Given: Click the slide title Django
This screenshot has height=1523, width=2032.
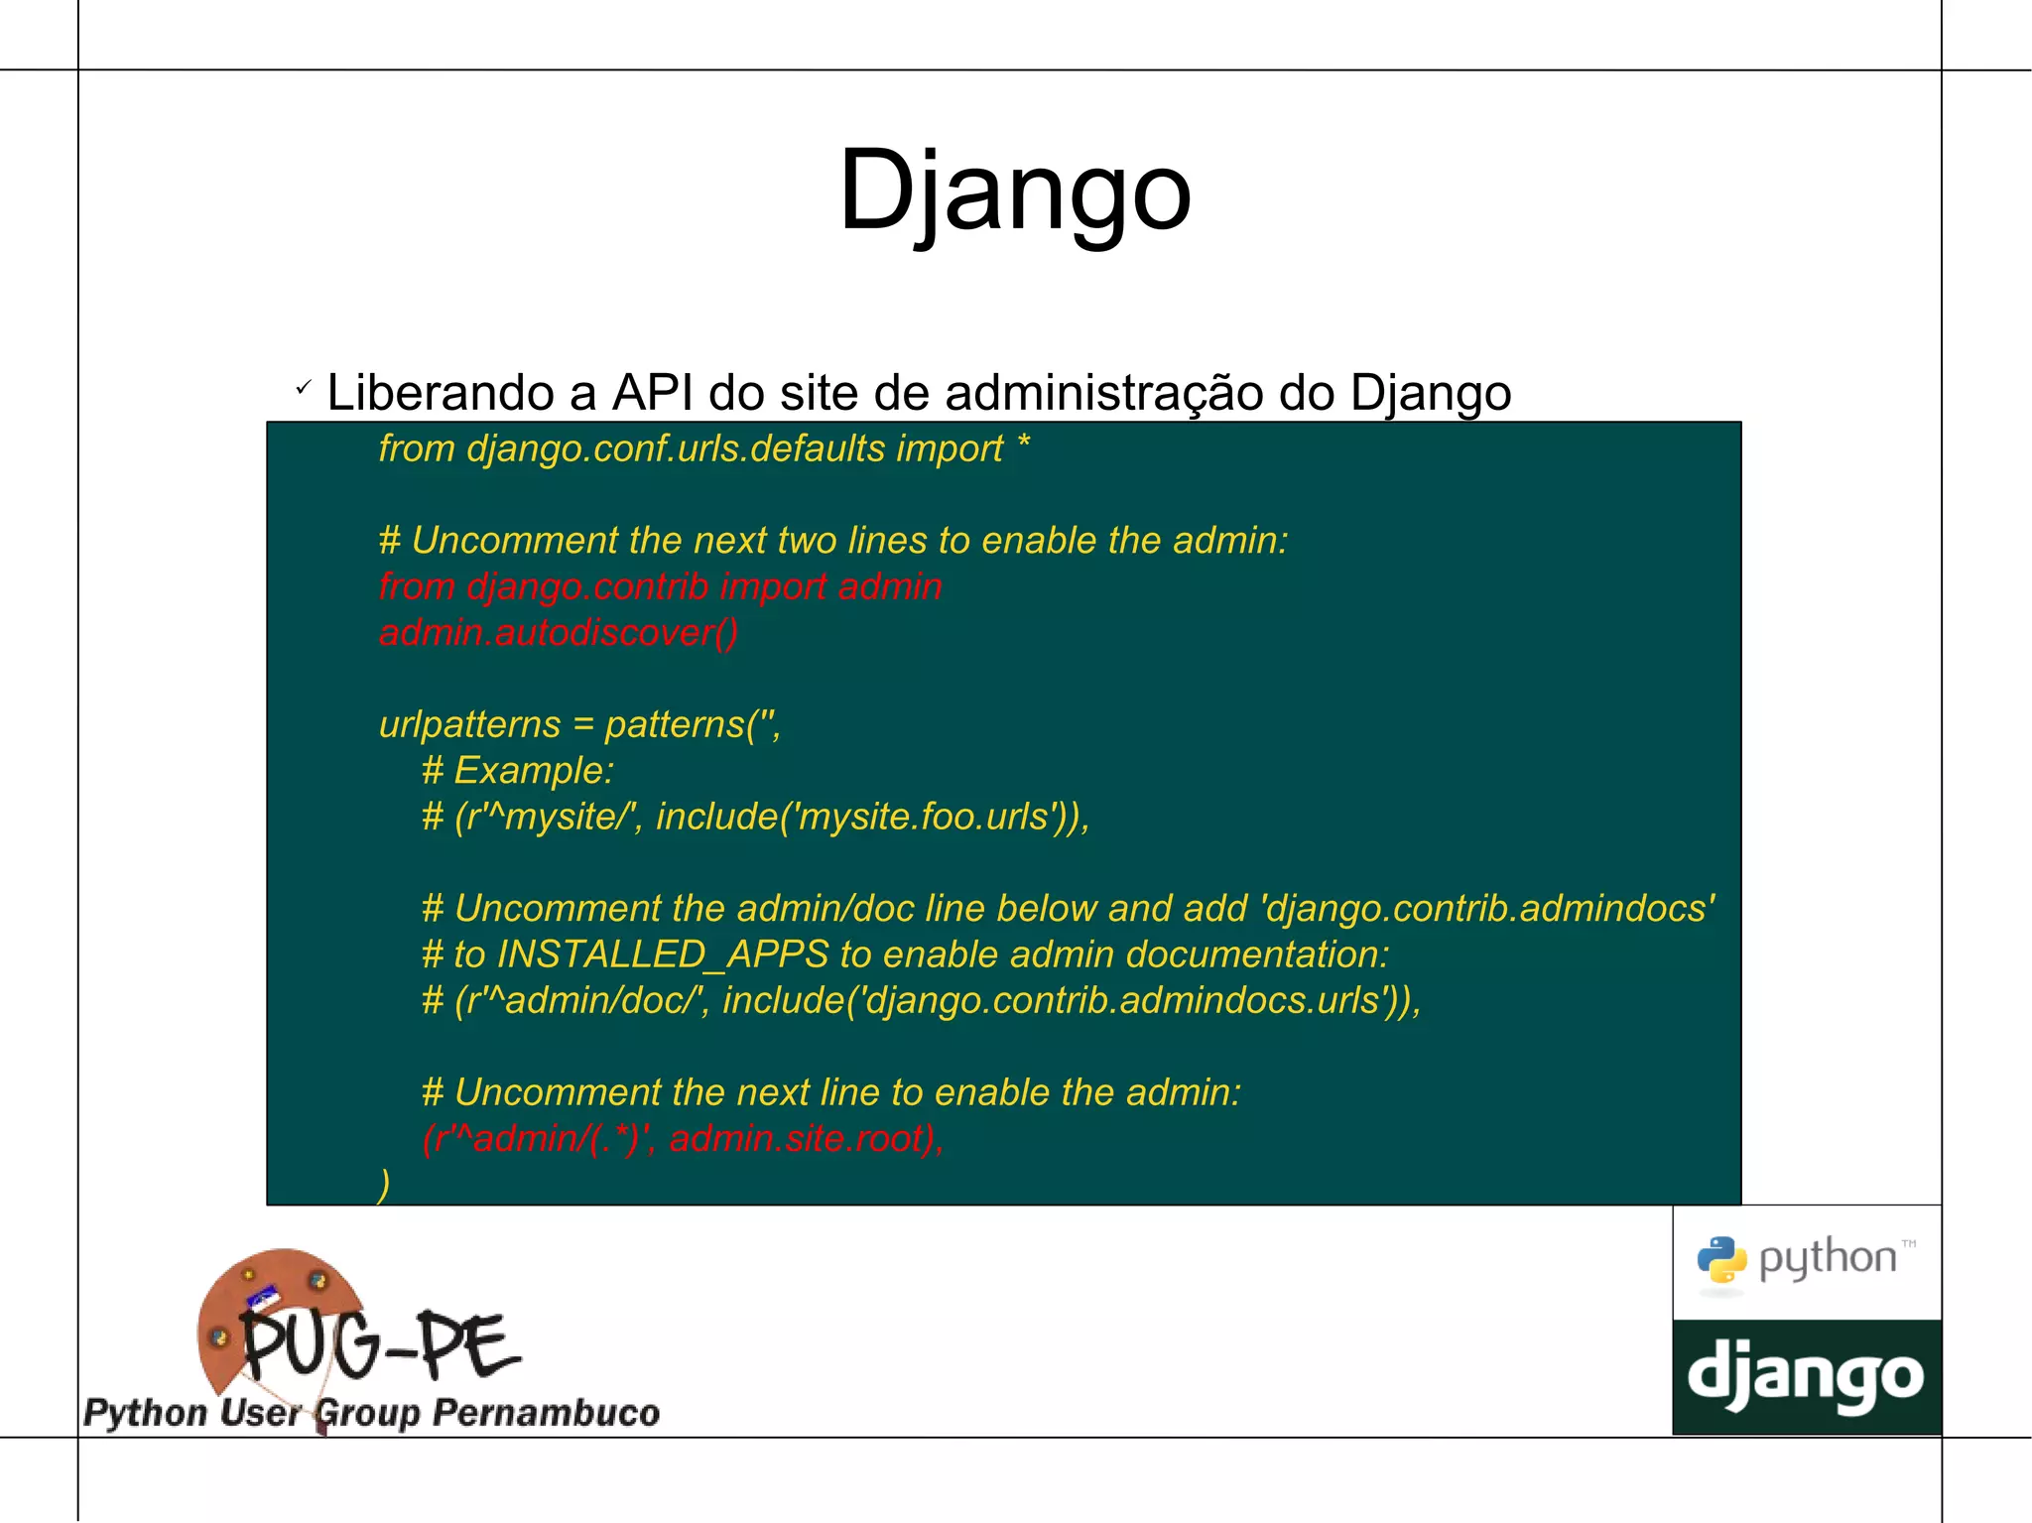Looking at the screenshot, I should click(x=1014, y=190).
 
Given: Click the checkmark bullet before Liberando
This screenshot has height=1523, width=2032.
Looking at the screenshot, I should click(x=304, y=387).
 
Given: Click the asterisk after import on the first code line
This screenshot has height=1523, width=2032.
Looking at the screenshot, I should click(x=1023, y=445).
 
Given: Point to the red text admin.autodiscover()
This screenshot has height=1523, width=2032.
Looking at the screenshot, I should click(x=559, y=632).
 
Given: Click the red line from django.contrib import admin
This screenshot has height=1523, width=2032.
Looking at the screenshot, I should click(x=660, y=586).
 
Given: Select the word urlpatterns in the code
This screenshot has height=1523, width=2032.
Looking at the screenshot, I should click(x=469, y=724).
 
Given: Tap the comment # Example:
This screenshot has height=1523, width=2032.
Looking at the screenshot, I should click(x=518, y=771).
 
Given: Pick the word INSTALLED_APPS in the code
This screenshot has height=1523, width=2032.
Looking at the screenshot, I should click(x=662, y=954).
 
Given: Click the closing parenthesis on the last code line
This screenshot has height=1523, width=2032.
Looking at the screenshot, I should click(x=384, y=1184).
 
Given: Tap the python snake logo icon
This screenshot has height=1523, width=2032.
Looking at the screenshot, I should click(x=1721, y=1261).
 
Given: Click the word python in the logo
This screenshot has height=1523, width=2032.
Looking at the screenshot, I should click(x=1828, y=1258).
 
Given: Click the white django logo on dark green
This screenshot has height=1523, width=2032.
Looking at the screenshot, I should click(x=1806, y=1377).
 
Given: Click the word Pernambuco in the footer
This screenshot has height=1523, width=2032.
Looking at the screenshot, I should click(x=546, y=1413).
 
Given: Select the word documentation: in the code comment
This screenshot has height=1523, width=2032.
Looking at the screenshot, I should click(x=1257, y=954).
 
